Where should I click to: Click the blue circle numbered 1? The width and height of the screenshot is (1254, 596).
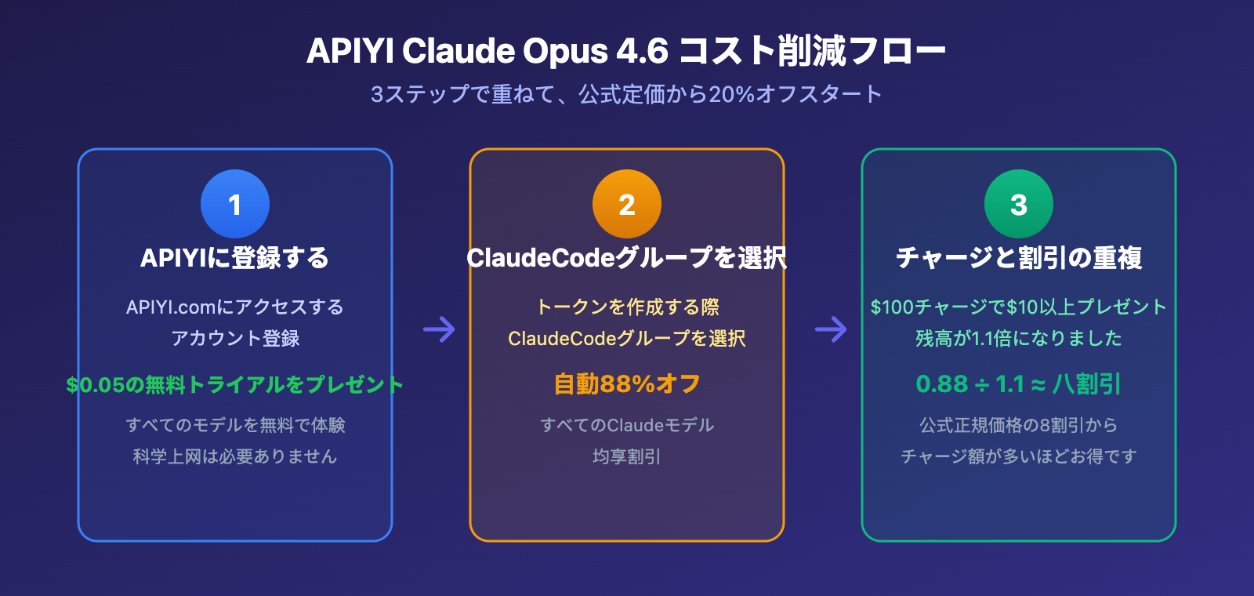point(235,204)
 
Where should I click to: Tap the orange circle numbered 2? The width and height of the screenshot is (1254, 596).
point(627,204)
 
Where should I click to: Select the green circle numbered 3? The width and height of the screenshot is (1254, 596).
point(1019,204)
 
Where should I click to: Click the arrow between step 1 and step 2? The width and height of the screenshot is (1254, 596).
point(439,329)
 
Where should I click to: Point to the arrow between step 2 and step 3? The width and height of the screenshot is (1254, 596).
point(831,329)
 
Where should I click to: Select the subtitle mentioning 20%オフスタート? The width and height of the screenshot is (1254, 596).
point(626,94)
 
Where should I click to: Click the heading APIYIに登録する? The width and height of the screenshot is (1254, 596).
point(235,258)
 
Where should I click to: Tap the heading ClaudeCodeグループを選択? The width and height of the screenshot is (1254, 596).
point(627,258)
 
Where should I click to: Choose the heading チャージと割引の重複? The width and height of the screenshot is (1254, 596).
point(1019,258)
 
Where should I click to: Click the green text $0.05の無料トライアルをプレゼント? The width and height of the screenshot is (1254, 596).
point(235,384)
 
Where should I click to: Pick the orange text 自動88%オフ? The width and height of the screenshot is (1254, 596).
point(627,384)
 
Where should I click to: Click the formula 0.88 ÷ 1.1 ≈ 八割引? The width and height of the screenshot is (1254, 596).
point(1019,384)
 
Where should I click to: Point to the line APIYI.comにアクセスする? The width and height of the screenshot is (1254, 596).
point(235,307)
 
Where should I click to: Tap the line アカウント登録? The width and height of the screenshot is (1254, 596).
point(235,338)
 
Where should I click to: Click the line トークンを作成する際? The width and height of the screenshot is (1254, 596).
point(627,307)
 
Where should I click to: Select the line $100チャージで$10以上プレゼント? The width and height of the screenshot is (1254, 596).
point(1019,307)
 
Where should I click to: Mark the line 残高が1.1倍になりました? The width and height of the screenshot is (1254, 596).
point(1019,338)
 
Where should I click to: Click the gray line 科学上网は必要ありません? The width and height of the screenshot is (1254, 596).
point(235,456)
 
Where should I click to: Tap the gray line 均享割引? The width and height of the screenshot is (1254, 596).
point(627,456)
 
